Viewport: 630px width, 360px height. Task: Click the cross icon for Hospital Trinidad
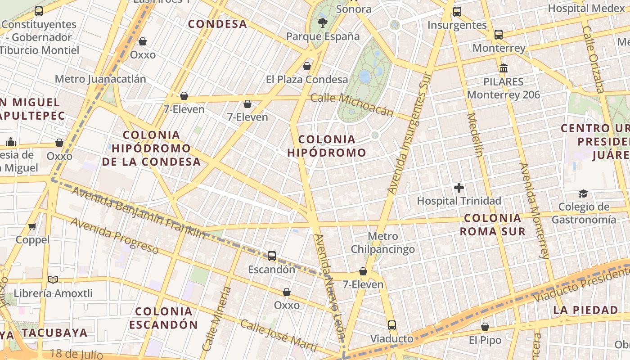pos(459,188)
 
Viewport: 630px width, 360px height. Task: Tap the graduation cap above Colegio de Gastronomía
pos(583,193)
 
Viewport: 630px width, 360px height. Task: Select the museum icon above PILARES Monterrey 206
pos(504,68)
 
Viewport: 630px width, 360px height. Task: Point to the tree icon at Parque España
pos(322,23)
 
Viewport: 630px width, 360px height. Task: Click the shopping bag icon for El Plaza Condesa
pos(307,66)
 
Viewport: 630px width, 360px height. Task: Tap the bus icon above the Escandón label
pos(272,256)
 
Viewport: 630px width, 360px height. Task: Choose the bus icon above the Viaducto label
pos(392,325)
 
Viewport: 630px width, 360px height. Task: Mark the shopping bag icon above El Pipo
pos(485,327)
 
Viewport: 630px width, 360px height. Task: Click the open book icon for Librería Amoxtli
pos(53,280)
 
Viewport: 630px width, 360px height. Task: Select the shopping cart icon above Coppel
pos(32,226)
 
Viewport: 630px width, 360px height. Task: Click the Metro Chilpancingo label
pos(383,243)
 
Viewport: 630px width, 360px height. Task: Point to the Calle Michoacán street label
pos(352,105)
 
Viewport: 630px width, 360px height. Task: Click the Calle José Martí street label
pos(279,336)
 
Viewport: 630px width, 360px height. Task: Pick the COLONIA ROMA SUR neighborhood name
pos(492,225)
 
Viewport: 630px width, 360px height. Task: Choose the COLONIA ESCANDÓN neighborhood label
pos(164,318)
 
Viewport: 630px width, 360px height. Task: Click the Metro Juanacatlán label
pos(100,79)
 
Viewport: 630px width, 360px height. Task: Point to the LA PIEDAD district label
pos(585,310)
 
